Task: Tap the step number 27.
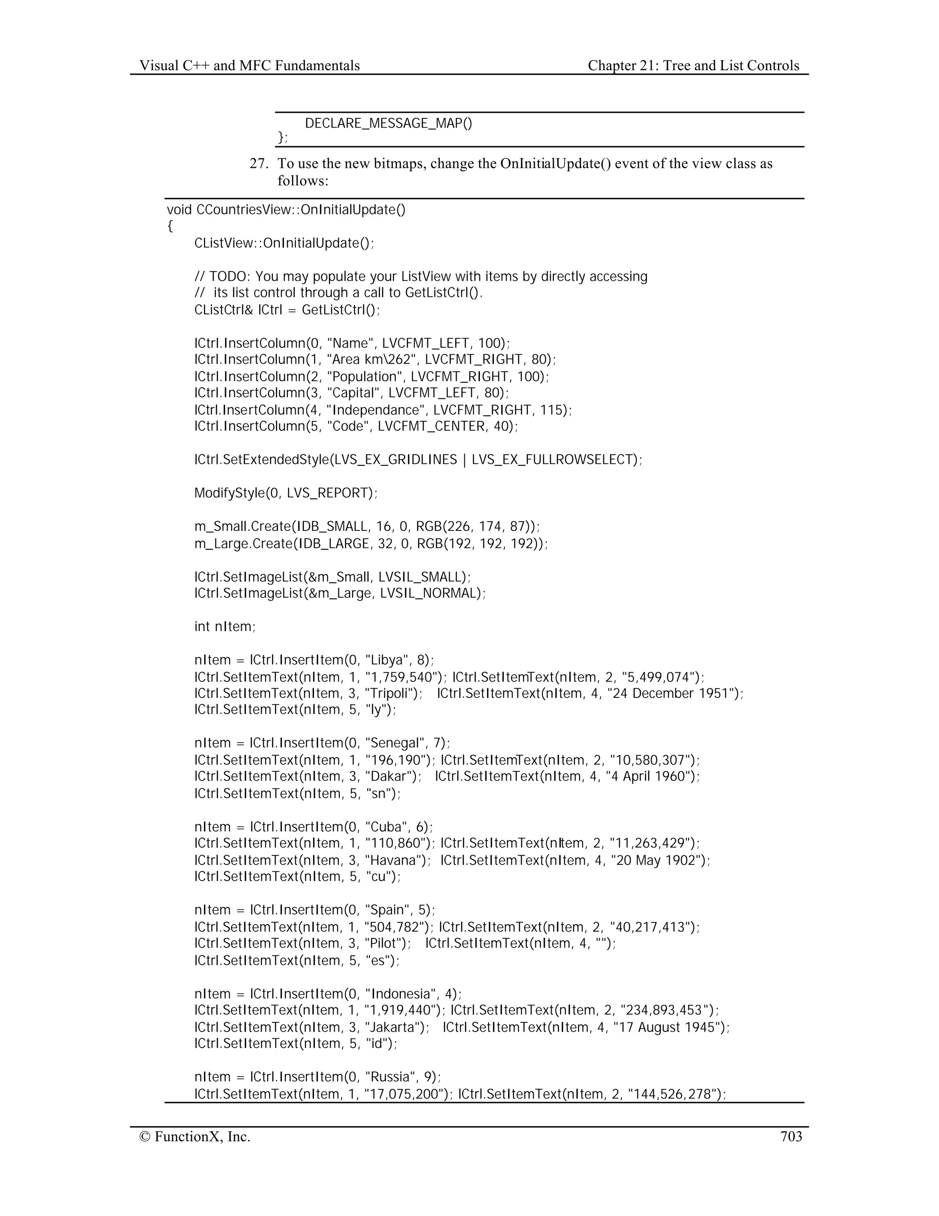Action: pos(259,164)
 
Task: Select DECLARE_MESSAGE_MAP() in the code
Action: pos(388,123)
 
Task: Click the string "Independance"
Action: pos(376,410)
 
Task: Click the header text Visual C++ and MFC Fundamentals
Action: pos(249,66)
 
